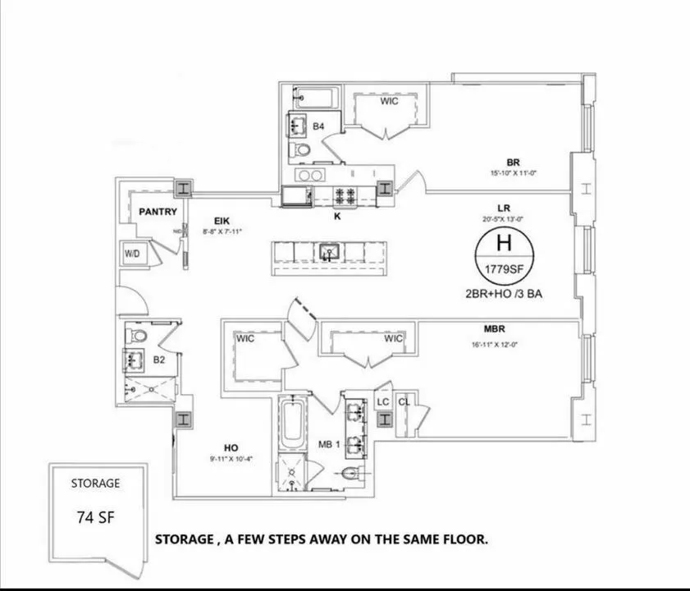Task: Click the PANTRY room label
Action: [158, 212]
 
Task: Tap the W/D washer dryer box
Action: [132, 254]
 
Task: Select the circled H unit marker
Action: [504, 243]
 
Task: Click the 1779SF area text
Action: [504, 270]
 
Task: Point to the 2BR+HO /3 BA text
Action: [504, 293]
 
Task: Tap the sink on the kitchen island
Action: [330, 251]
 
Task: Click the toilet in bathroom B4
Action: [302, 151]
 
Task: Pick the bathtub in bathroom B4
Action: [313, 98]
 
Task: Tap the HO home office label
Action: [231, 447]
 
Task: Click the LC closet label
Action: [382, 401]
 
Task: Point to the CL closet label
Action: [404, 401]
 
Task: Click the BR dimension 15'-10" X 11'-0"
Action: [513, 173]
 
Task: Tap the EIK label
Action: [222, 221]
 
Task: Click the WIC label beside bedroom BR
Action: [389, 102]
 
